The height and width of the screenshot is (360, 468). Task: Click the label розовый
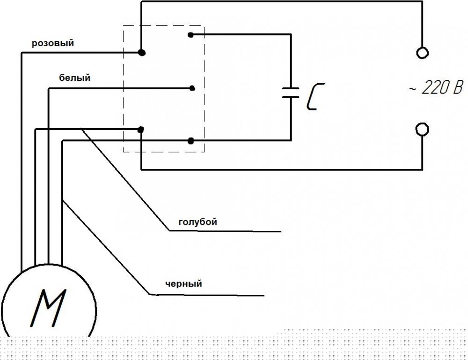(x=53, y=43)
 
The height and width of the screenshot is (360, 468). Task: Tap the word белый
(x=74, y=78)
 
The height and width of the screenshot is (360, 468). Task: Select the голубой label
(x=197, y=222)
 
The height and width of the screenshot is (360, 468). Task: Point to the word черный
(x=183, y=284)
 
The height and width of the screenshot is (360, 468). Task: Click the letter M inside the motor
(x=48, y=308)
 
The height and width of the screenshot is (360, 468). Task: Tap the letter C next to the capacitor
(x=315, y=97)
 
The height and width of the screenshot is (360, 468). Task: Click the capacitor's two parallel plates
(x=291, y=93)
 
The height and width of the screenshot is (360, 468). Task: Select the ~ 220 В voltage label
(x=436, y=88)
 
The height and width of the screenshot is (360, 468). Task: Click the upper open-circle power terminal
(x=422, y=53)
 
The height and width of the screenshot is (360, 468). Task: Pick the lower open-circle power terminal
(x=422, y=130)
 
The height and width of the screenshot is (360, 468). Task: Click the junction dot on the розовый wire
(x=142, y=53)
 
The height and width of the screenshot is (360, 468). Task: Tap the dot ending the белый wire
(x=192, y=88)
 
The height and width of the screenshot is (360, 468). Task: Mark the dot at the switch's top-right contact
(x=191, y=35)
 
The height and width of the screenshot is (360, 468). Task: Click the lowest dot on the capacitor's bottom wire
(x=191, y=141)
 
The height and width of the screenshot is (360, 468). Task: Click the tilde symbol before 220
(x=412, y=88)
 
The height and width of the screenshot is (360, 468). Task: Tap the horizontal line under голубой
(x=226, y=231)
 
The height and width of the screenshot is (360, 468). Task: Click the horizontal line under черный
(x=207, y=295)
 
